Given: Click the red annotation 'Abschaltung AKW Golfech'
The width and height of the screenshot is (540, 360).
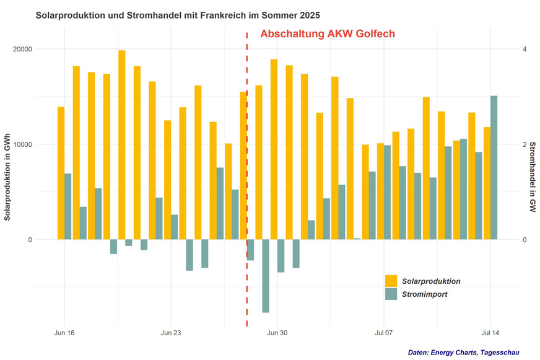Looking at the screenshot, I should pyautogui.click(x=327, y=34).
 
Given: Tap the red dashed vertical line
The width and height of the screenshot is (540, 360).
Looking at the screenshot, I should pyautogui.click(x=247, y=186).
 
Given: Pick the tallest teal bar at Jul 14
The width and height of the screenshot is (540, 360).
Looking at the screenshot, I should pyautogui.click(x=494, y=167).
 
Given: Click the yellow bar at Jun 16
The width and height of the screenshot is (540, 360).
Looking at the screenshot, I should pyautogui.click(x=61, y=173).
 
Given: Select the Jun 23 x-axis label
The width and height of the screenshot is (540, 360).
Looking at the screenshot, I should pyautogui.click(x=171, y=333).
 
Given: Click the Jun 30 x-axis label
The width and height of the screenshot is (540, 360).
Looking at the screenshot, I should pyautogui.click(x=277, y=333).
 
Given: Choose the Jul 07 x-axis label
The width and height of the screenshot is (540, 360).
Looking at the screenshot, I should pyautogui.click(x=384, y=333).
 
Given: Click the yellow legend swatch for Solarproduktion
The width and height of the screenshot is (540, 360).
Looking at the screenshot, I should pyautogui.click(x=391, y=281).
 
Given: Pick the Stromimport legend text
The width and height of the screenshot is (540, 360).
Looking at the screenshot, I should pyautogui.click(x=425, y=294).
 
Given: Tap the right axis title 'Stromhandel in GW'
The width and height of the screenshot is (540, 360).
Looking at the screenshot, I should pyautogui.click(x=532, y=177).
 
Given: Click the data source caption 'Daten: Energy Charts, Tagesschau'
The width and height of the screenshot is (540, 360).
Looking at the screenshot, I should pyautogui.click(x=464, y=352).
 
